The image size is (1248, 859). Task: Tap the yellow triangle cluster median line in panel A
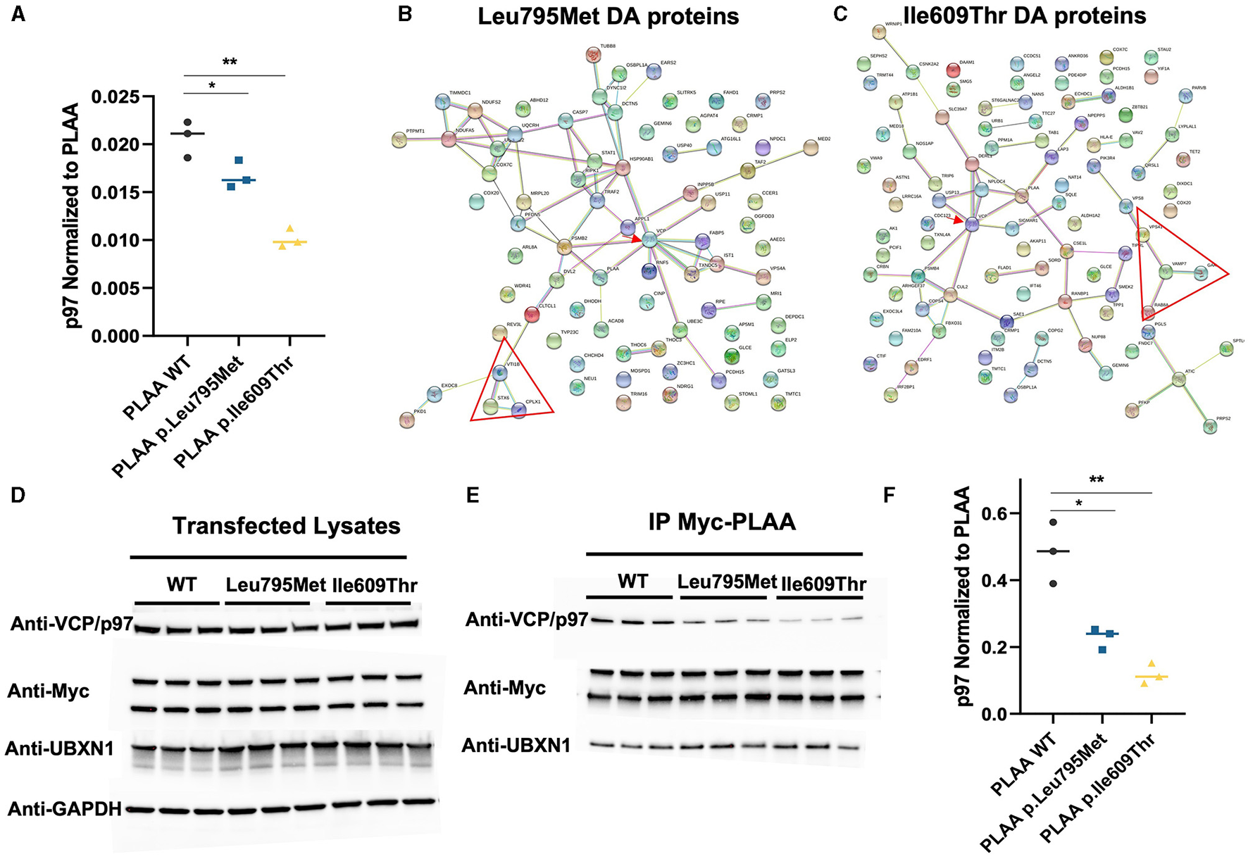tap(290, 242)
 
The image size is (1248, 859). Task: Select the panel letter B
tap(405, 13)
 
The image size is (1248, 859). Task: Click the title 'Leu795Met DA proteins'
tap(609, 16)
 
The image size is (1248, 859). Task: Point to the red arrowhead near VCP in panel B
tap(637, 239)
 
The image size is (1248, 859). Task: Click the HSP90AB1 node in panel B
tap(622, 168)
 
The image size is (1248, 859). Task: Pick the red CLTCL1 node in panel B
tap(532, 314)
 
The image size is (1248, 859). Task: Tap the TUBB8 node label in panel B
tap(608, 46)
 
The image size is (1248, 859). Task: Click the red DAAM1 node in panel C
tap(953, 70)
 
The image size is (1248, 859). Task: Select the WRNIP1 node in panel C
tap(879, 31)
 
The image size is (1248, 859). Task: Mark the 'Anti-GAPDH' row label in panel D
tap(65, 809)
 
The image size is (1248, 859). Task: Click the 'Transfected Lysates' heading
tap(287, 526)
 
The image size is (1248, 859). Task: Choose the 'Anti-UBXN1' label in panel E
tap(516, 746)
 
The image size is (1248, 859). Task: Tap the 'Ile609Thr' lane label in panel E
tap(823, 584)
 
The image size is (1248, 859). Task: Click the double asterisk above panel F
tap(1096, 480)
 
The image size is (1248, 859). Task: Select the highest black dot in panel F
tap(1053, 522)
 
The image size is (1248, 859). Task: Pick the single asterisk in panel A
tap(212, 86)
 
